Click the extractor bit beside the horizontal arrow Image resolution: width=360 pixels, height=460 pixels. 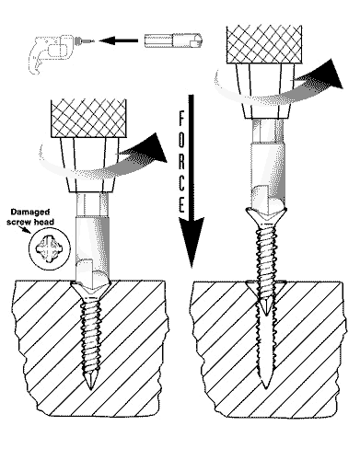(173, 40)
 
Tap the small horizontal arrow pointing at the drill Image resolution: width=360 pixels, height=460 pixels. (119, 40)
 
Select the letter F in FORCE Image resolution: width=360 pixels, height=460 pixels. (181, 118)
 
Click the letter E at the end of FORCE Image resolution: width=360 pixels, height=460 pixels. (181, 205)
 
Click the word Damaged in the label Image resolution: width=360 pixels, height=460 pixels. (30, 213)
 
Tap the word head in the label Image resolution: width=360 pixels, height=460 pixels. (45, 222)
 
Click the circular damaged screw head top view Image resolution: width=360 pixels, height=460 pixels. (50, 248)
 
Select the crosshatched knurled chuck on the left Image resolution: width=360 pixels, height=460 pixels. (89, 118)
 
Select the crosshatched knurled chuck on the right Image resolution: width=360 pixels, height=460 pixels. (264, 45)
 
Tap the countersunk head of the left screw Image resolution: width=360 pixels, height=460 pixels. (90, 290)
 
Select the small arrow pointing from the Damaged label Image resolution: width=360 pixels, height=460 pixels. (25, 230)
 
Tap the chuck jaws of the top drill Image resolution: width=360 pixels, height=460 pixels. (78, 40)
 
